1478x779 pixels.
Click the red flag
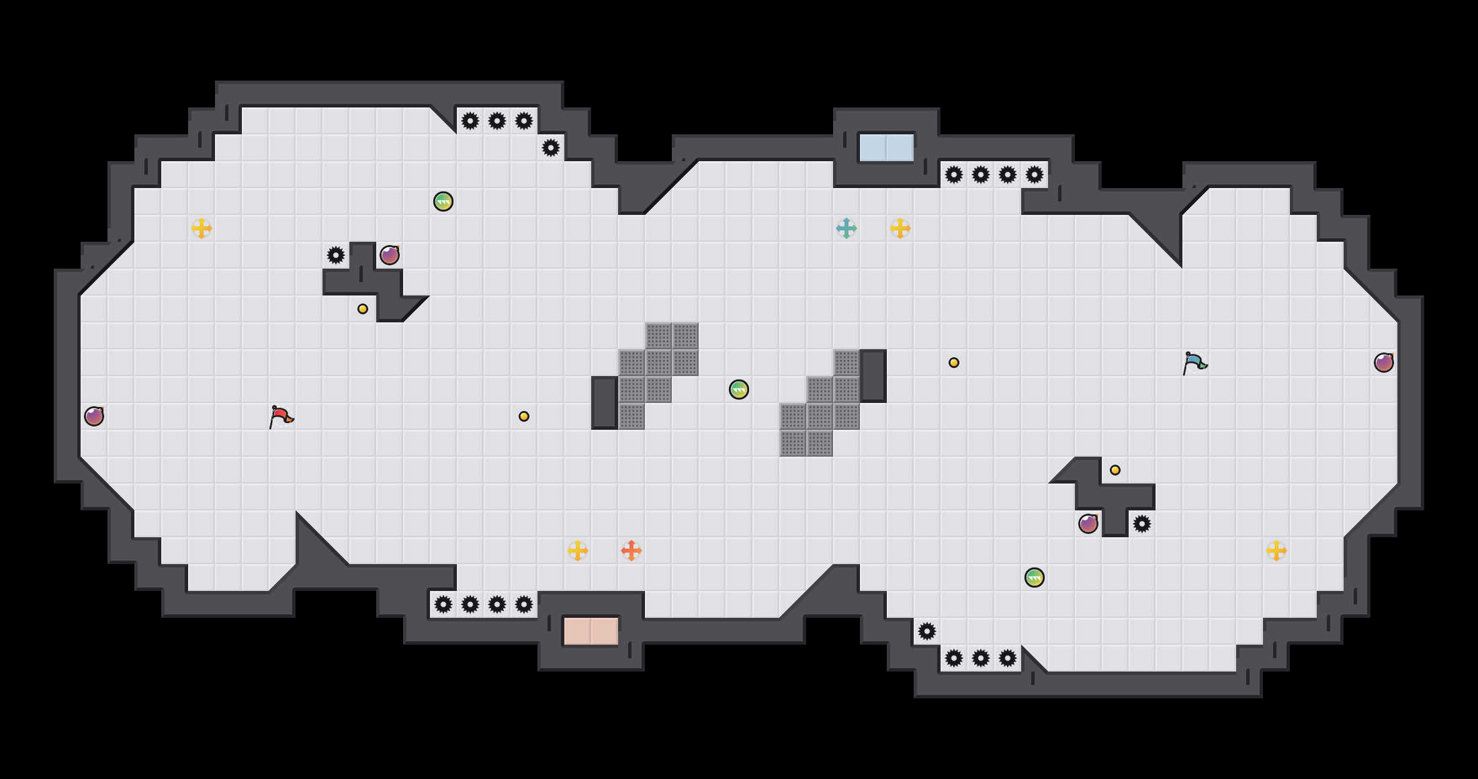coord(281,416)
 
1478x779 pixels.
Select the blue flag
coord(1194,363)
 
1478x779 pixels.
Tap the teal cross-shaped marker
coord(846,228)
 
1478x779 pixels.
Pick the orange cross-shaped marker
coord(632,551)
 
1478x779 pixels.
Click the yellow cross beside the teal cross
coord(900,228)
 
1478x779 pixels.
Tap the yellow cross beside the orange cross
coord(578,551)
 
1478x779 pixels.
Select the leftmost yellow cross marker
coord(202,228)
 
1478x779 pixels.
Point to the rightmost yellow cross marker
coord(1276,551)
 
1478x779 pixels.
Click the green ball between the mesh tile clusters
coord(739,389)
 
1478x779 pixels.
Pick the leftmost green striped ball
coord(443,201)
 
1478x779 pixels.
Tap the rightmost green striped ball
coord(1035,578)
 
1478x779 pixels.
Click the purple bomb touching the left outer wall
coord(94,416)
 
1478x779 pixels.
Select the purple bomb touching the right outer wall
coord(1384,363)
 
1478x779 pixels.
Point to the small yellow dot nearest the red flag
coord(363,309)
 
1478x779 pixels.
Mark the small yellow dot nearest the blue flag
coord(1115,470)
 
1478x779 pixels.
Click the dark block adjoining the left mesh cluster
coord(605,403)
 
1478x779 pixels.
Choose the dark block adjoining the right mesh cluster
coord(873,376)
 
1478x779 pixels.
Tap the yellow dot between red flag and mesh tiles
coord(524,416)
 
